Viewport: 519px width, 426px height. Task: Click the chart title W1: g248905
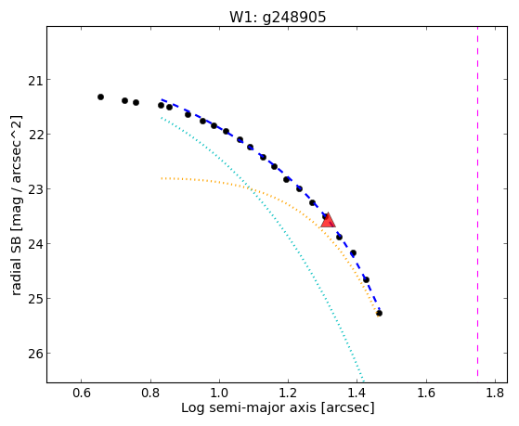(x=278, y=17)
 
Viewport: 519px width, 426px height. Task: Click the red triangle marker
(x=328, y=221)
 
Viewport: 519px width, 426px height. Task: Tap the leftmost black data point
(x=100, y=97)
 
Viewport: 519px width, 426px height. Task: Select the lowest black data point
(x=380, y=313)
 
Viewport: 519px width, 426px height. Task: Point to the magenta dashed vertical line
(x=477, y=201)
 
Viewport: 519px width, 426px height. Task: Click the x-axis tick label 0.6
(x=82, y=393)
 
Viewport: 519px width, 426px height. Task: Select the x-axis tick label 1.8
(x=495, y=393)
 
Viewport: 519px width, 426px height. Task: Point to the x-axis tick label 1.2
(x=289, y=393)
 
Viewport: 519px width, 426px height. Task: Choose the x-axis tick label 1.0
(x=219, y=393)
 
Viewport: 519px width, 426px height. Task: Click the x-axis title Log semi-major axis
(x=249, y=407)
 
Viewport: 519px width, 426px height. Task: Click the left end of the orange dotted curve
(x=162, y=178)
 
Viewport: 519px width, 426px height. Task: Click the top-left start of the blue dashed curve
(x=162, y=99)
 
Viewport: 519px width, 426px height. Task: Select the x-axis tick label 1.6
(x=426, y=393)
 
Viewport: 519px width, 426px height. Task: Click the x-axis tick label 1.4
(x=357, y=393)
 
